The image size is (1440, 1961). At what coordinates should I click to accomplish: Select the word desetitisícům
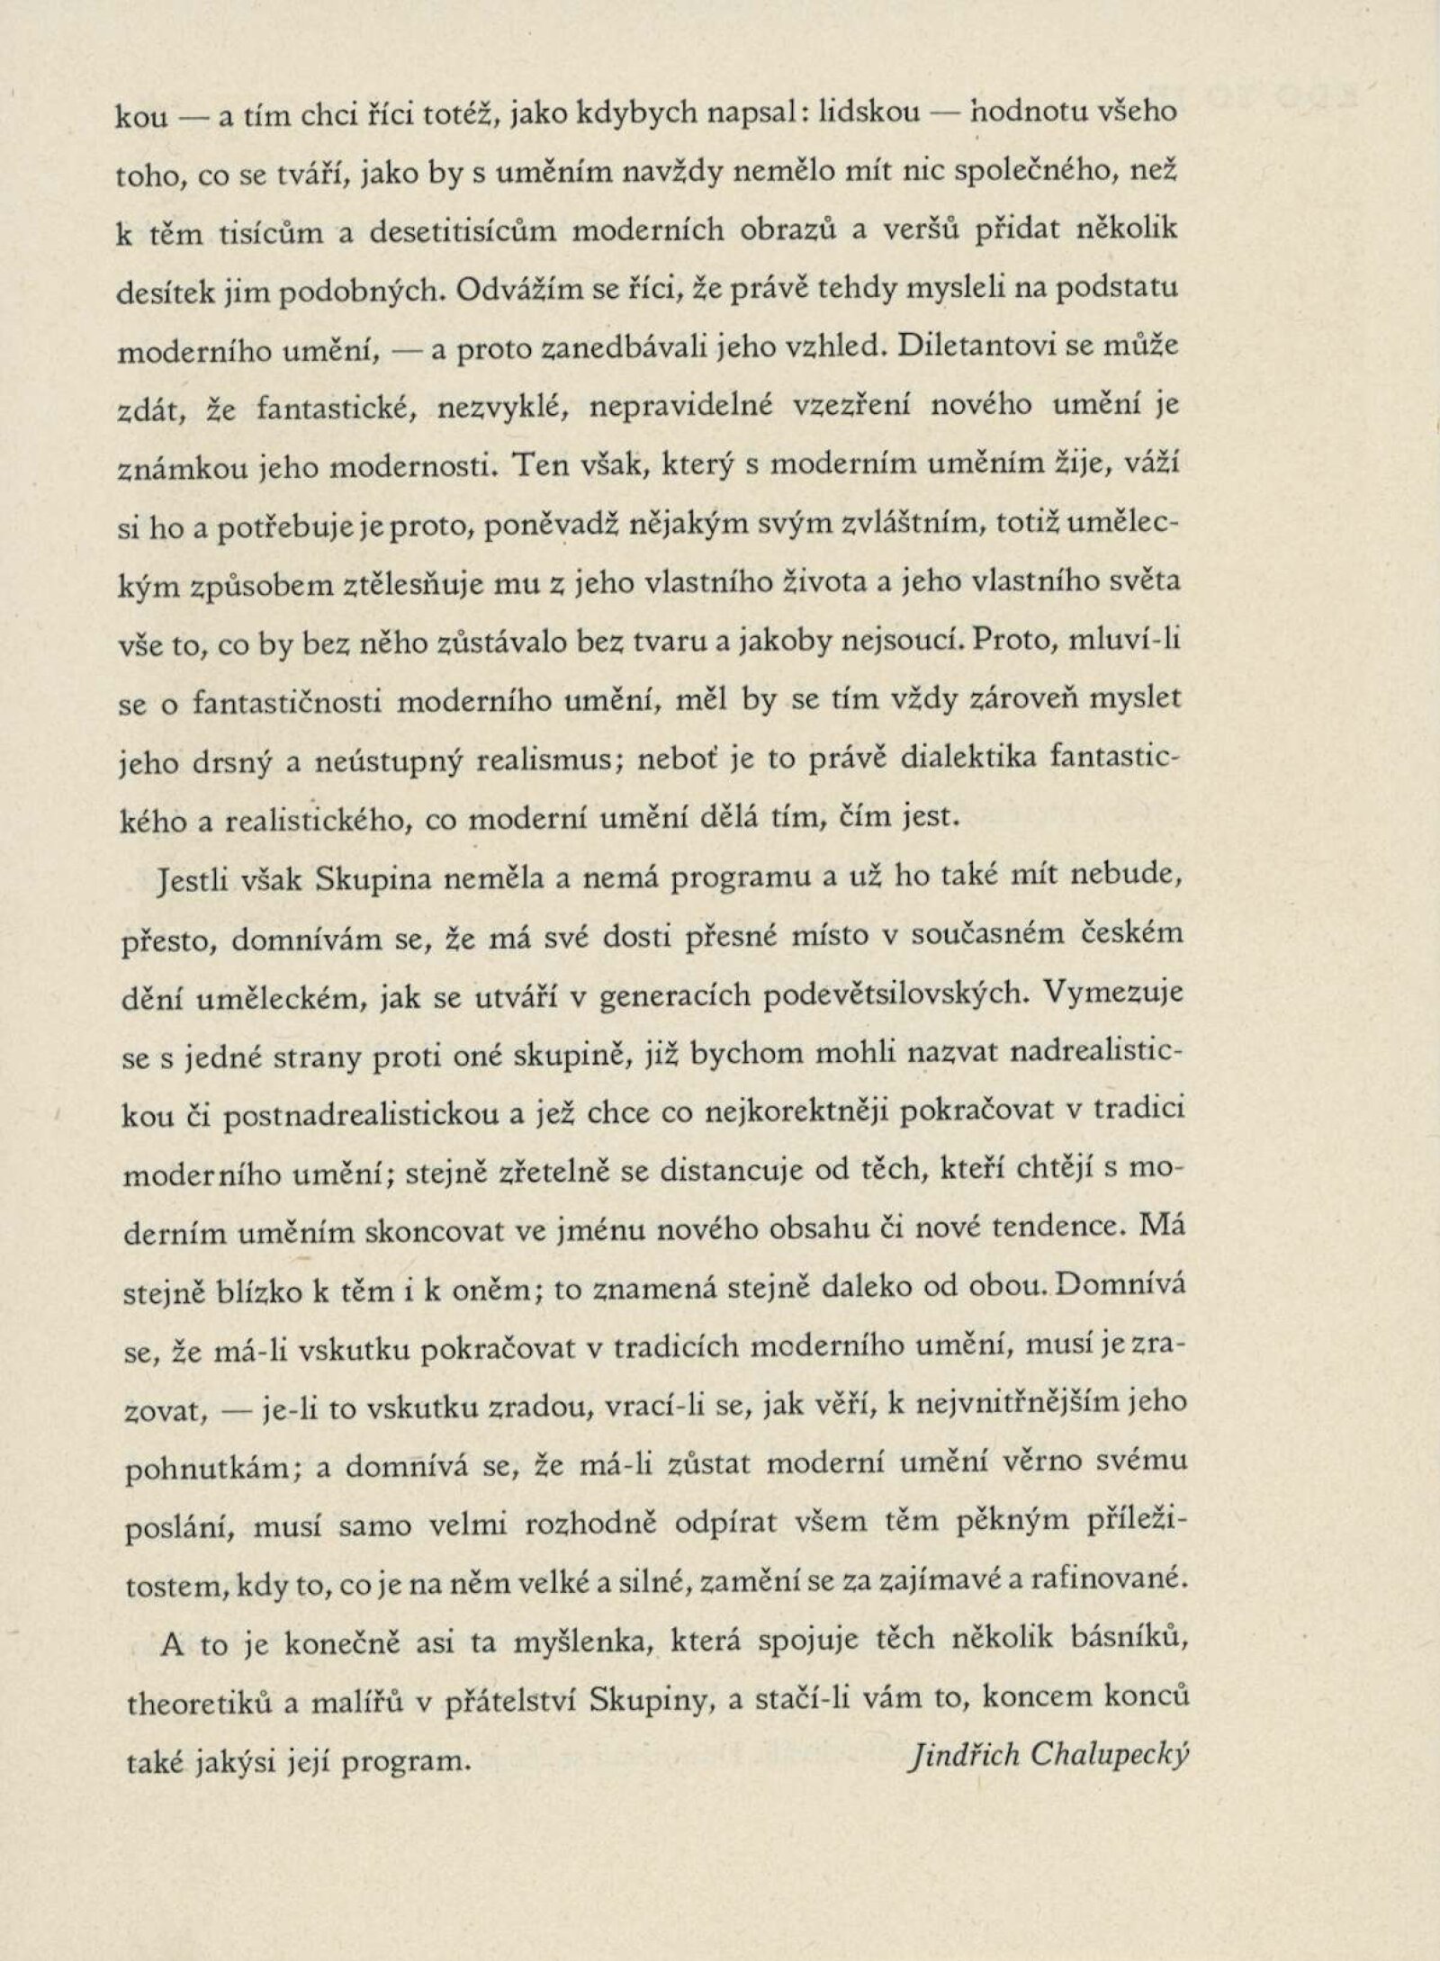point(462,230)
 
